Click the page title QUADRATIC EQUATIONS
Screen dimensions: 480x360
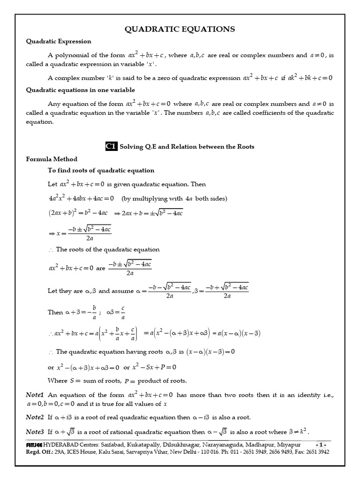(180, 30)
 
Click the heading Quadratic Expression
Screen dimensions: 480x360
(59, 42)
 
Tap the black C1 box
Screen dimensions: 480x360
(111, 147)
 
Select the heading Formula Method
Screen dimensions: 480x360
(52, 159)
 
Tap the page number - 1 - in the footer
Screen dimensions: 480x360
(322, 444)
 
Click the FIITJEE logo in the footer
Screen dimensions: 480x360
(34, 444)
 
